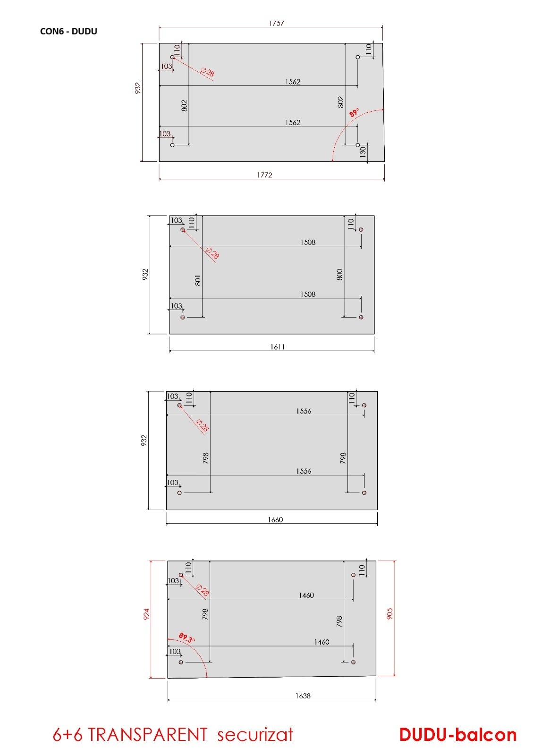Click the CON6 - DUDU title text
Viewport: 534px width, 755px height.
coord(68,31)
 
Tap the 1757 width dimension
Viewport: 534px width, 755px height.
coord(276,23)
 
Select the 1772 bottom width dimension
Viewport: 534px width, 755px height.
coord(264,175)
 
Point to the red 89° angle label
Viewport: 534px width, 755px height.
coord(354,112)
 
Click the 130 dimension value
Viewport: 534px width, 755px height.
coord(363,151)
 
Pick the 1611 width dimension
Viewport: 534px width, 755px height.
coord(277,347)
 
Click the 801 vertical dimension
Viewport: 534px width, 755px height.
coord(198,280)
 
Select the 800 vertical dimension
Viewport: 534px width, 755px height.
coord(339,274)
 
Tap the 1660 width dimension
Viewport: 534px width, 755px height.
coord(275,520)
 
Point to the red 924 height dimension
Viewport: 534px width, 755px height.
coord(146,614)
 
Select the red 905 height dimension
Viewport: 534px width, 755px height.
coord(390,613)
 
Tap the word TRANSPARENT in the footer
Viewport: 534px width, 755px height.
coord(148,735)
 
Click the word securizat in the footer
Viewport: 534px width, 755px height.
coord(255,735)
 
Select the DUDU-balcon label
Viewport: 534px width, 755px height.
coord(458,735)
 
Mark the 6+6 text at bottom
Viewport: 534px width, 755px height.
coord(68,735)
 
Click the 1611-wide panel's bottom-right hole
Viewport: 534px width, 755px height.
coord(361,317)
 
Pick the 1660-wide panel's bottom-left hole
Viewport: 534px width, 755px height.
coord(179,493)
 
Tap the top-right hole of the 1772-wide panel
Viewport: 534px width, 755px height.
coord(358,57)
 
